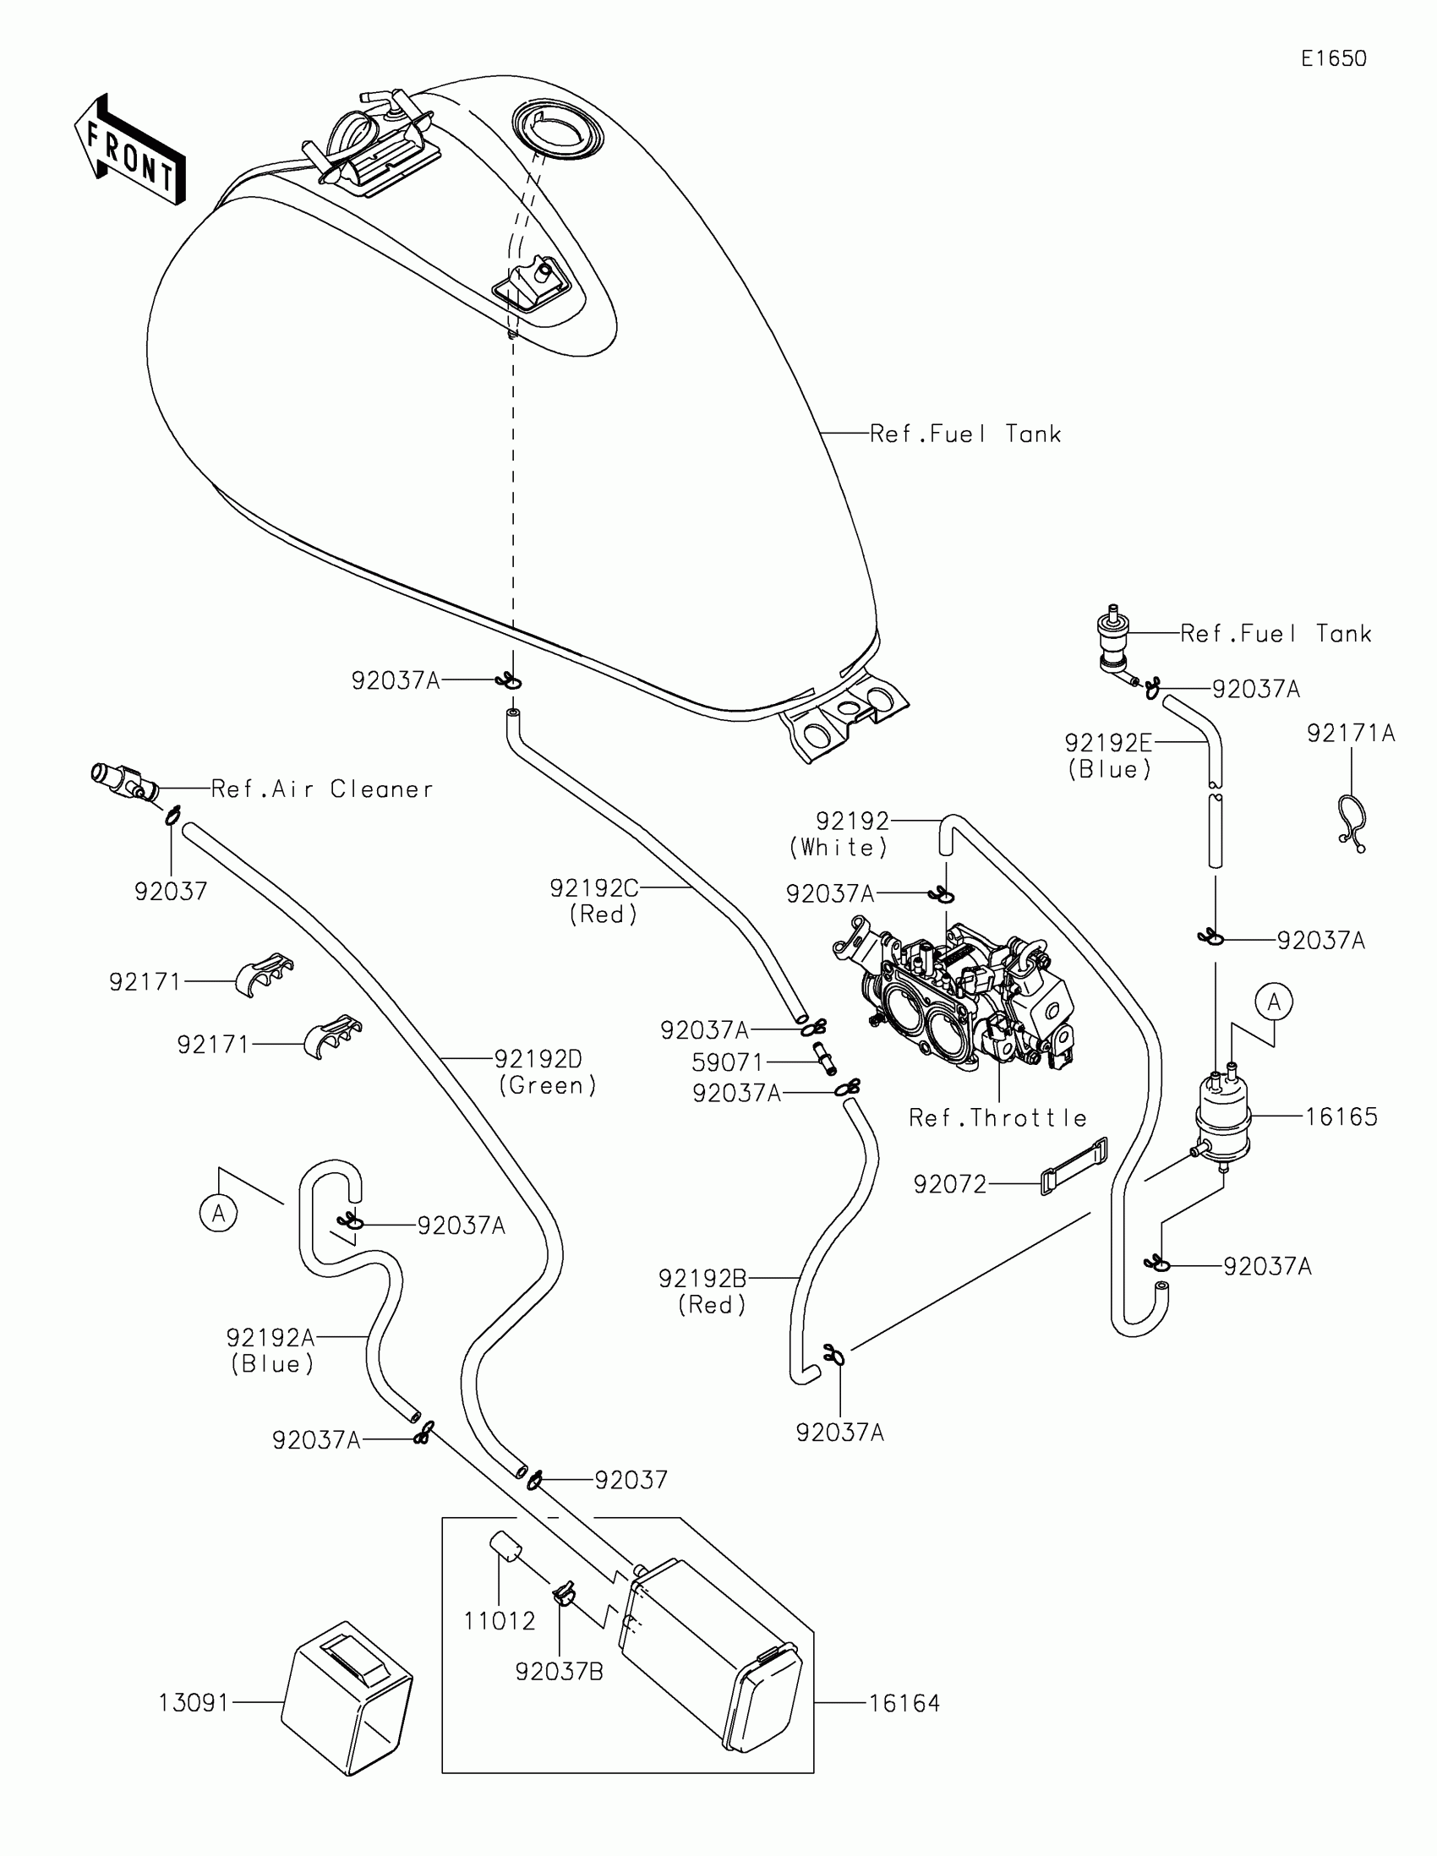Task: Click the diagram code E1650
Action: (1333, 58)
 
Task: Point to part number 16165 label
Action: (1341, 1116)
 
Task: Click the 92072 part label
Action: (950, 1184)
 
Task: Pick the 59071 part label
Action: (728, 1062)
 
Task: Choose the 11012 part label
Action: (500, 1620)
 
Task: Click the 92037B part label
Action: (560, 1672)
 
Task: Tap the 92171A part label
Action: (1351, 733)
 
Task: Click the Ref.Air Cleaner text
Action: (322, 789)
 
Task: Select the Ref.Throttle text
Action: (997, 1117)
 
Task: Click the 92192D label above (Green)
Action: (538, 1059)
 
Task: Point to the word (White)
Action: (839, 847)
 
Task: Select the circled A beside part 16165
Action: (1274, 1002)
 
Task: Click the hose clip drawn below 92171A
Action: (1352, 821)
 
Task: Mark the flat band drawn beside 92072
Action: (1074, 1166)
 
